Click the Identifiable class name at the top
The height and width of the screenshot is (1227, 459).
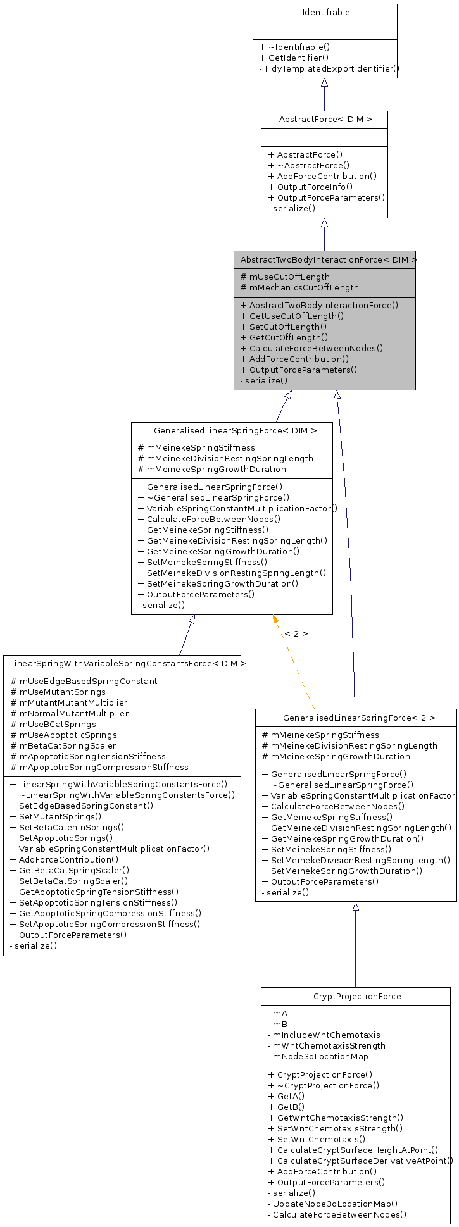tap(325, 13)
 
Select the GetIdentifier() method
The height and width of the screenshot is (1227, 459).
tap(294, 58)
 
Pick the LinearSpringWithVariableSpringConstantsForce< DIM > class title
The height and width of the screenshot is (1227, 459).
tap(124, 664)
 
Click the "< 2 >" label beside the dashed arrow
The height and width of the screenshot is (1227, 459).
tap(296, 633)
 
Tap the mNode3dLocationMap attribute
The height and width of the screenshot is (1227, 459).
tap(320, 1056)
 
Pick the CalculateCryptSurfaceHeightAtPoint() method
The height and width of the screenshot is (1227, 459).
tap(357, 1150)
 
